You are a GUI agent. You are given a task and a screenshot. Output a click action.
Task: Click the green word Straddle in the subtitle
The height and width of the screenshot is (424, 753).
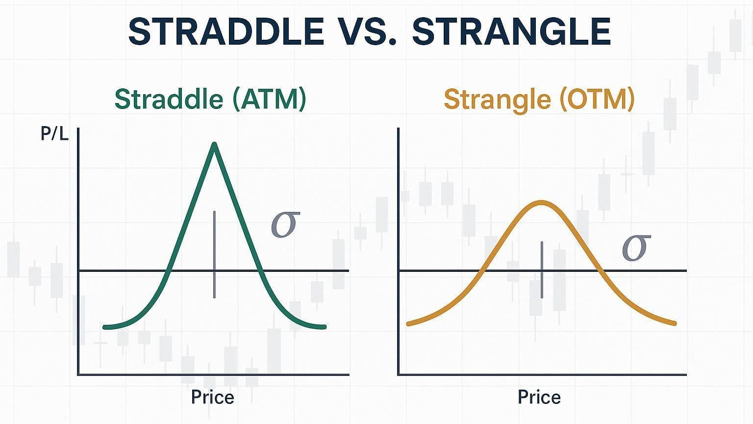pyautogui.click(x=169, y=99)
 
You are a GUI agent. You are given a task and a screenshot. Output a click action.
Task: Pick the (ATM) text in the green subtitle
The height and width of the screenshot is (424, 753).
pyautogui.click(x=269, y=100)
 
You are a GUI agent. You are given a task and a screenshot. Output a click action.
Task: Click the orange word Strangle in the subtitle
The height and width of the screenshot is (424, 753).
pyautogui.click(x=498, y=100)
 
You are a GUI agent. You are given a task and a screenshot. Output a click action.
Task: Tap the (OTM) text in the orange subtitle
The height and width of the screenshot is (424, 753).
pyautogui.click(x=598, y=100)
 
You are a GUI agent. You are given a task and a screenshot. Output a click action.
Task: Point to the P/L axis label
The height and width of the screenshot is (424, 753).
pyautogui.click(x=54, y=134)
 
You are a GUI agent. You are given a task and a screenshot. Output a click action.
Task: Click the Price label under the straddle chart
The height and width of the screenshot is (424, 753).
pyautogui.click(x=212, y=397)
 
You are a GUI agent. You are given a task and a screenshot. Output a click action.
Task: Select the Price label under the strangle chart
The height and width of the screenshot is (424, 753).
pyautogui.click(x=539, y=397)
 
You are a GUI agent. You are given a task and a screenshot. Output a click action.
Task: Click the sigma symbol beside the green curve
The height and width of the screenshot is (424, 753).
pyautogui.click(x=285, y=224)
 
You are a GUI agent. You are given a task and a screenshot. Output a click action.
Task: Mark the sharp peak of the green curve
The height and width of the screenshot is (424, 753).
pyautogui.click(x=214, y=144)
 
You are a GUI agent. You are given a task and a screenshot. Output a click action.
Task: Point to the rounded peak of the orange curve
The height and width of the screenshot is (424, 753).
pyautogui.click(x=542, y=202)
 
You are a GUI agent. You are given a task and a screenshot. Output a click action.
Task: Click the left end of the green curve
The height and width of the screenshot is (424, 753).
pyautogui.click(x=104, y=327)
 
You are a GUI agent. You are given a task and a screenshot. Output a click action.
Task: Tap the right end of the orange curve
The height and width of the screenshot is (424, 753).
pyautogui.click(x=675, y=324)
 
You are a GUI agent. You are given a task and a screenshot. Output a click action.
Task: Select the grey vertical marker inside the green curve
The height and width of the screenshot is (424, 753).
pyautogui.click(x=214, y=254)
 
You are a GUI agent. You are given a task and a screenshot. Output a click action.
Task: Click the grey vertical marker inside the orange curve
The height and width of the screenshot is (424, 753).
pyautogui.click(x=542, y=269)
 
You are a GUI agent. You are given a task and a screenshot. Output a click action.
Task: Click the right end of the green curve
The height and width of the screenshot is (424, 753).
pyautogui.click(x=325, y=327)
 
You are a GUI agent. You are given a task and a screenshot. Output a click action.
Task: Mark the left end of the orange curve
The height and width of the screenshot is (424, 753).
pyautogui.click(x=408, y=324)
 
